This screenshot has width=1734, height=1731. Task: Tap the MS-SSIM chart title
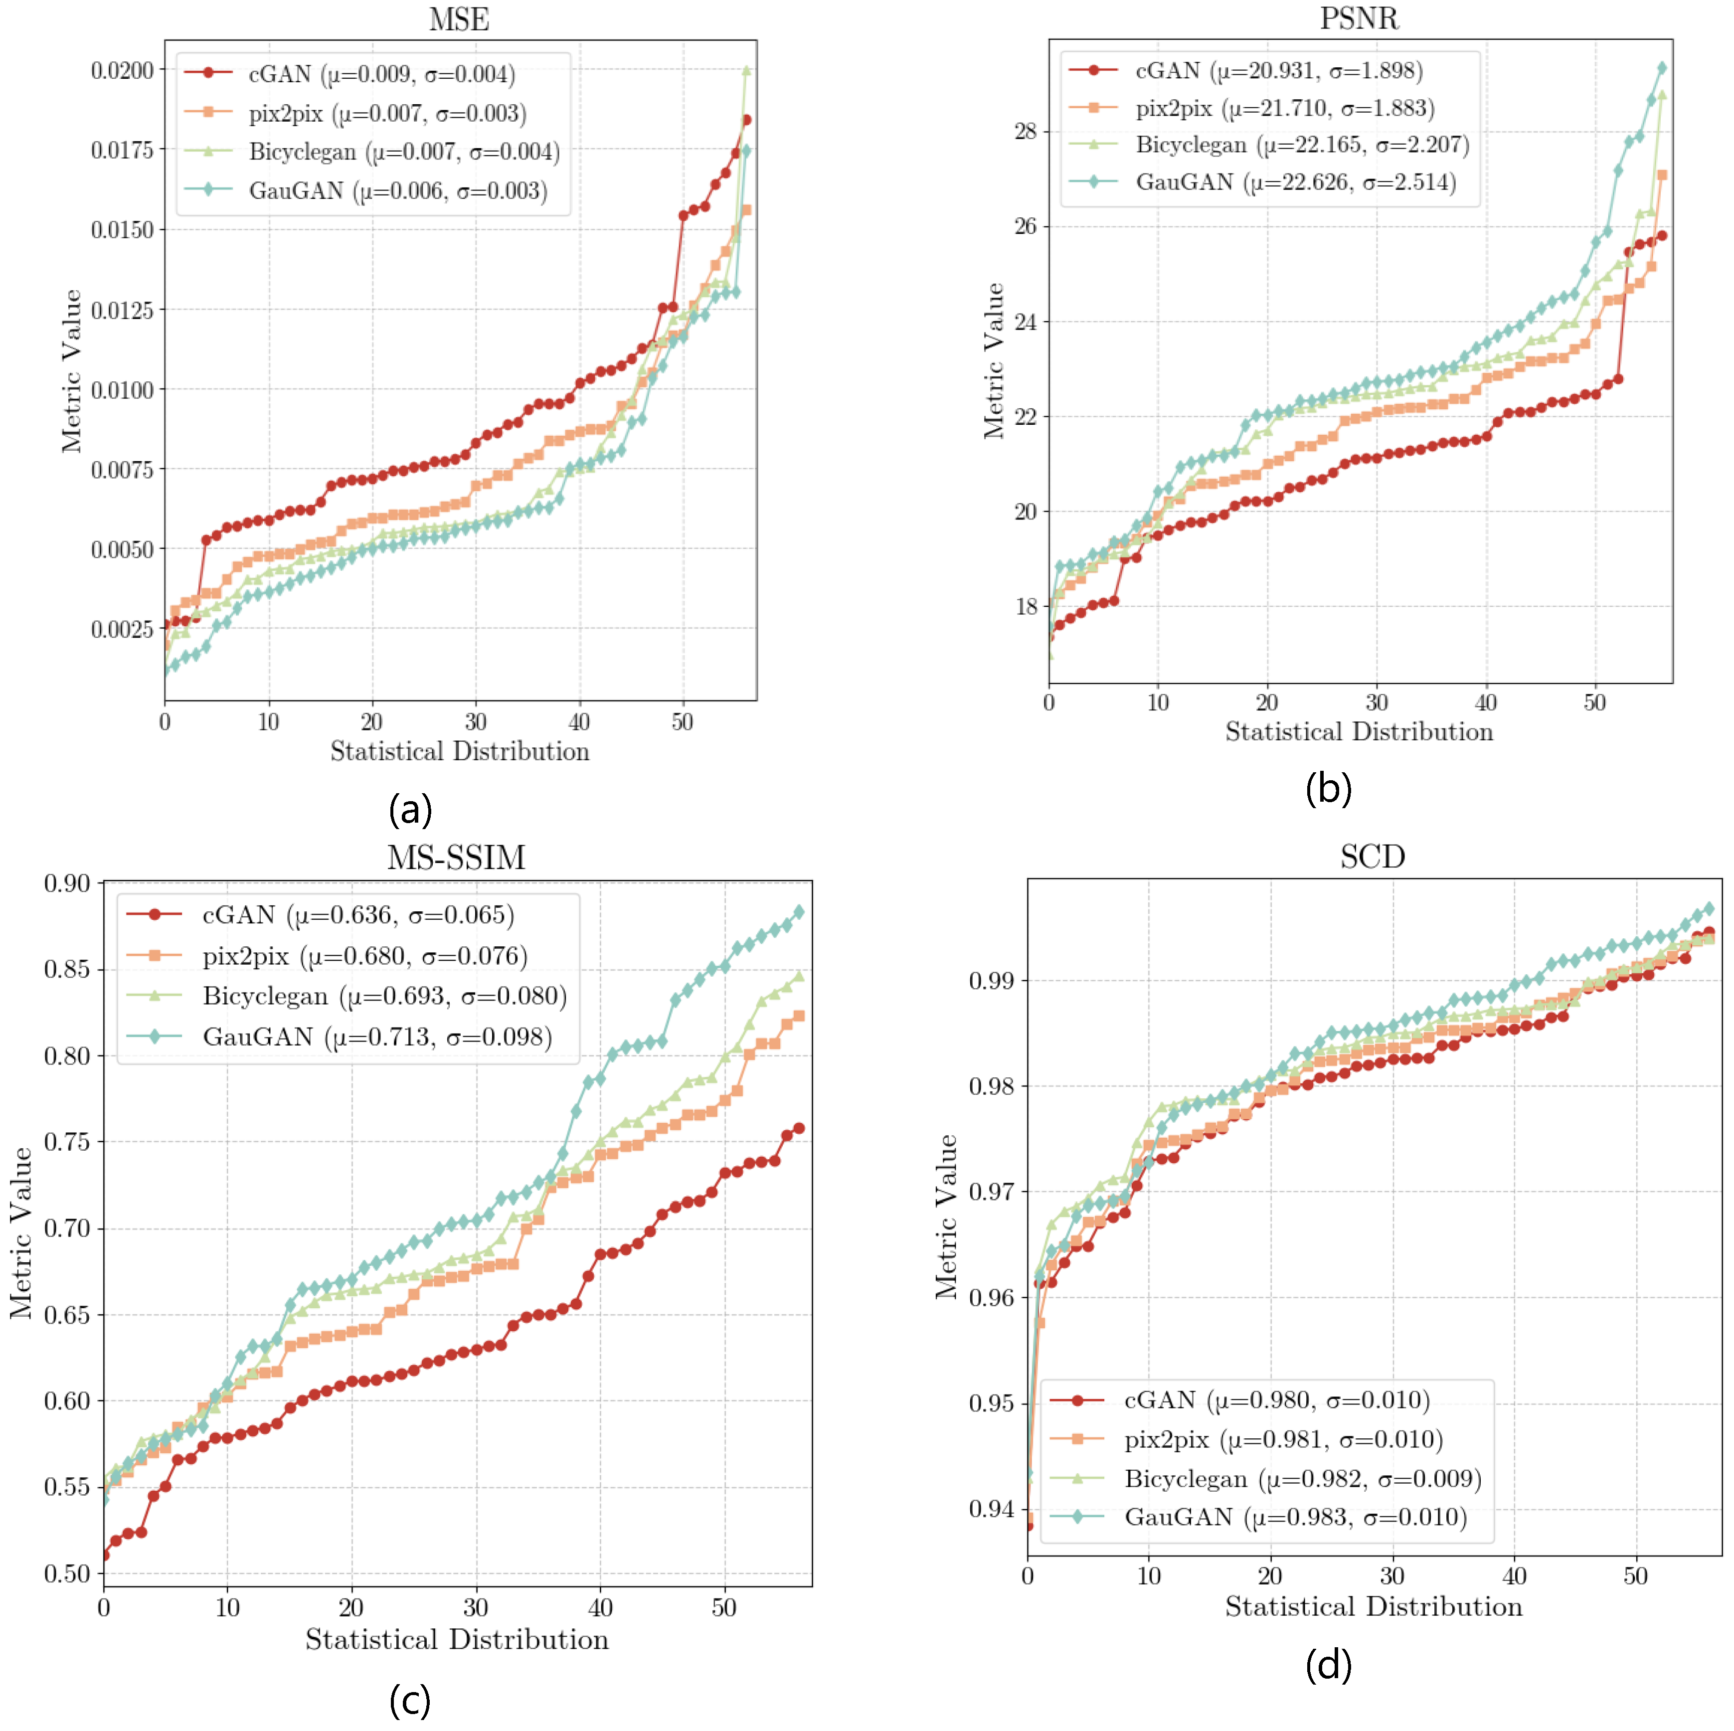(456, 858)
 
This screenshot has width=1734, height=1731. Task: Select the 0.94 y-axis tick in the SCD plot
(992, 1509)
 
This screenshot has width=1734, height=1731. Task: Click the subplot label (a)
(410, 810)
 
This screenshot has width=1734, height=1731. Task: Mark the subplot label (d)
(1328, 1666)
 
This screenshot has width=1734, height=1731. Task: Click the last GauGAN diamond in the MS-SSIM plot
(799, 912)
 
